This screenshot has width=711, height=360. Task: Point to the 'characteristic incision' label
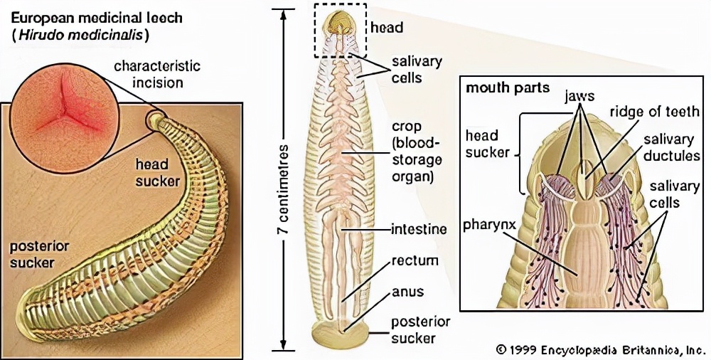pos(158,73)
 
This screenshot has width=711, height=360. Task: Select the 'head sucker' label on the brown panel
pos(157,172)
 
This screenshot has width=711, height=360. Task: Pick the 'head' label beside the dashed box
pos(387,28)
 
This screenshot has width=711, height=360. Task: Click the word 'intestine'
pos(419,229)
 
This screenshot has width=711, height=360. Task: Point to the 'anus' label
pos(407,292)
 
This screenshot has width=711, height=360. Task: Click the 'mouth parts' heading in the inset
pos(497,89)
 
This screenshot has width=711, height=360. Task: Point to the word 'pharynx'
pos(490,230)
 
